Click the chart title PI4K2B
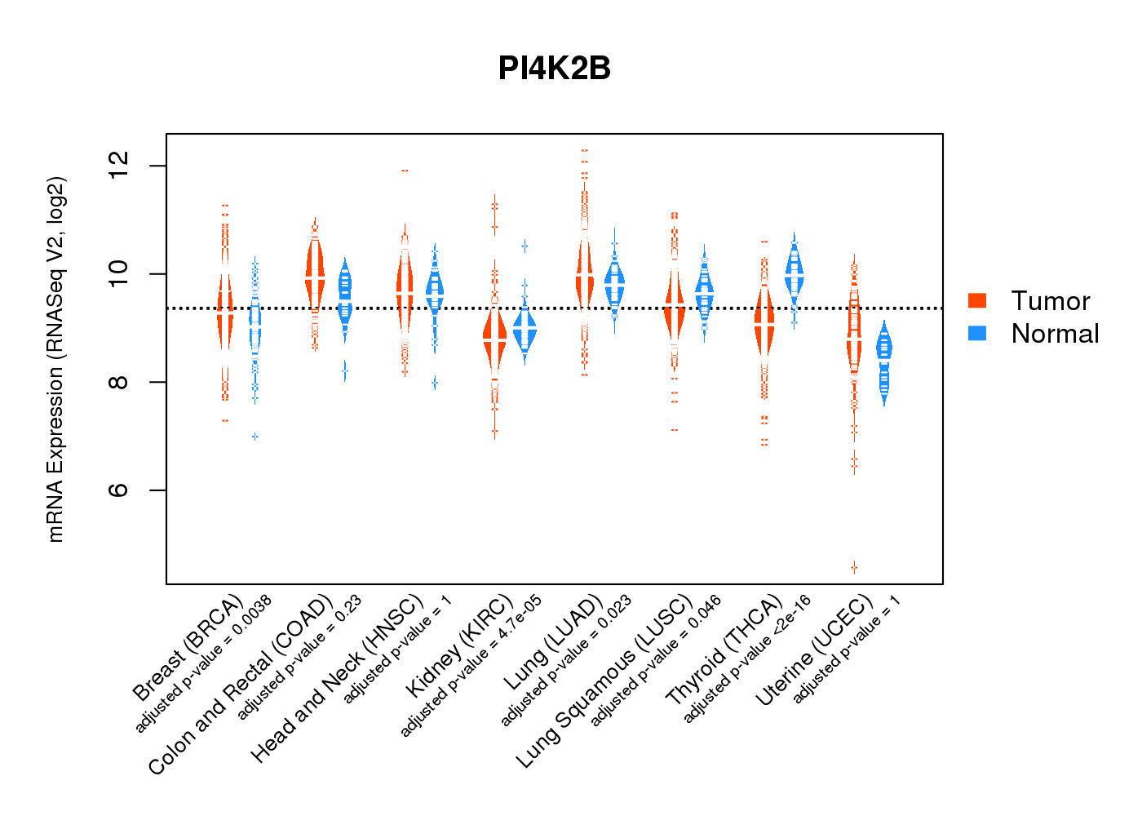(x=555, y=69)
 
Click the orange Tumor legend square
(x=977, y=300)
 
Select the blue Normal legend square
(x=977, y=333)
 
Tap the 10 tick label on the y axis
(x=119, y=273)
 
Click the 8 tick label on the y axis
(x=119, y=382)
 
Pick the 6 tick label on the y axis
(x=119, y=490)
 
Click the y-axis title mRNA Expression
(x=55, y=359)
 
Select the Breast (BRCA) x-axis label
(x=188, y=648)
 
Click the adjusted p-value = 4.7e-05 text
(x=471, y=667)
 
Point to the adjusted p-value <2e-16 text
(x=747, y=659)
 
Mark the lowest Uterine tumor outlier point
(x=854, y=566)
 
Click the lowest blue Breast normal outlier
(x=255, y=437)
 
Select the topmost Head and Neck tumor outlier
(x=405, y=171)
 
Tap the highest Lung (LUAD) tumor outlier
(x=584, y=151)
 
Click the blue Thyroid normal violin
(x=794, y=273)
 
